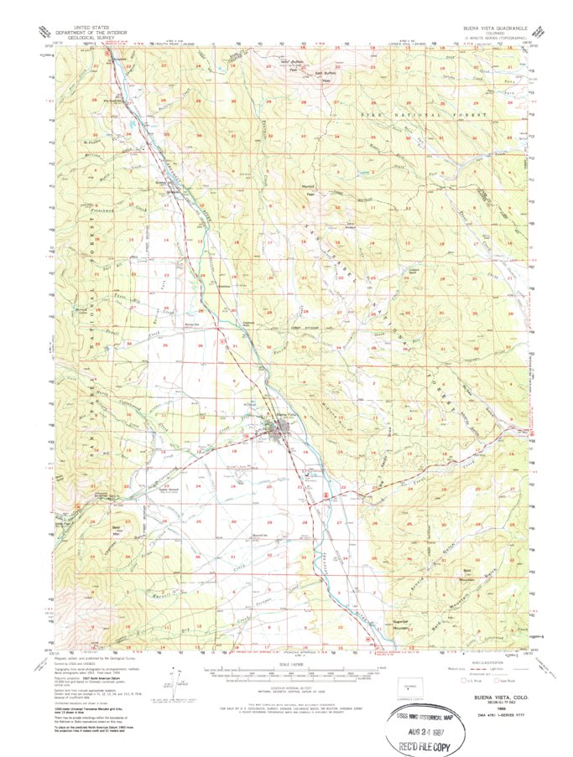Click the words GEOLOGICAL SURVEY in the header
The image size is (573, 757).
(x=81, y=38)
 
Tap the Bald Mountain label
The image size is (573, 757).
(x=472, y=572)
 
